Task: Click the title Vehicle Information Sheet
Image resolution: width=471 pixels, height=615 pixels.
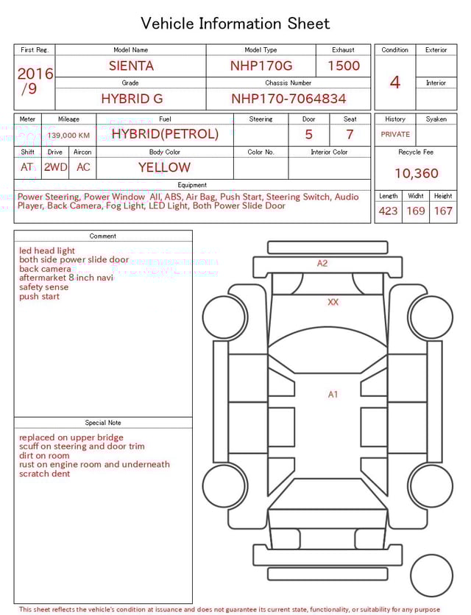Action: (235, 24)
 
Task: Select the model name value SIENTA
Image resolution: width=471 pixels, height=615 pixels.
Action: (131, 66)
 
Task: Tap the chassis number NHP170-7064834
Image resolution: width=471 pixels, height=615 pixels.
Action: (288, 98)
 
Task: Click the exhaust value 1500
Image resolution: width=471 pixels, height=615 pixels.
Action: (344, 66)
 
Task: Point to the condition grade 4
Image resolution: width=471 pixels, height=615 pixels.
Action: (394, 82)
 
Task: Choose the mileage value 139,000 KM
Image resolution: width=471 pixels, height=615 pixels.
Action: (68, 136)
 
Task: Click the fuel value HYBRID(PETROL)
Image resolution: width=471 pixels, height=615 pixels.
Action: (165, 134)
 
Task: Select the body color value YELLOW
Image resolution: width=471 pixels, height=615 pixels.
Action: (164, 167)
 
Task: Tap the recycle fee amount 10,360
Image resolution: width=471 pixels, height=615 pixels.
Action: (416, 174)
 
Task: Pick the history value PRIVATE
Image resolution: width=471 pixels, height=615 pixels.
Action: (395, 134)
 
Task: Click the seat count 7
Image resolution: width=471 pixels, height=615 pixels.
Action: (350, 135)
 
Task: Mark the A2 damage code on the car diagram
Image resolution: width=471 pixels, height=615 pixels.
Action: (322, 263)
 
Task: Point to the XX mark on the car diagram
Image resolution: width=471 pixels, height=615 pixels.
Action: (333, 302)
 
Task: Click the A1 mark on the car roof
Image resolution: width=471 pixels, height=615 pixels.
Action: (333, 395)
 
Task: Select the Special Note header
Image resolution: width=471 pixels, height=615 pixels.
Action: (103, 423)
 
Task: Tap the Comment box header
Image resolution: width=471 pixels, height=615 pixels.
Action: (103, 236)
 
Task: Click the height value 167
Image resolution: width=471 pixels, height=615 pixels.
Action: (443, 211)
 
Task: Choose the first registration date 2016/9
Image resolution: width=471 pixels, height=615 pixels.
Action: (35, 82)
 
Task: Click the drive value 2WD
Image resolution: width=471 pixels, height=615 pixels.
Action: (55, 167)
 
